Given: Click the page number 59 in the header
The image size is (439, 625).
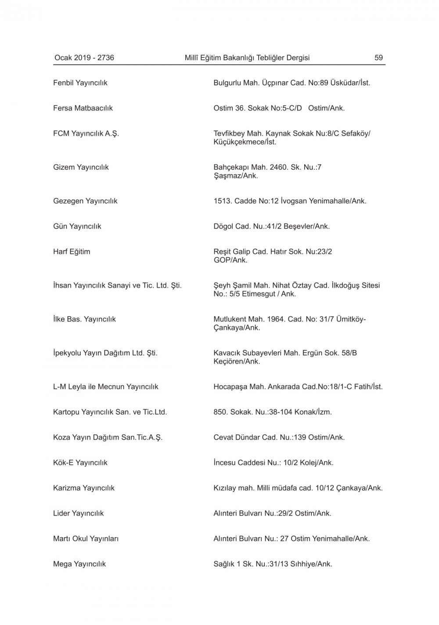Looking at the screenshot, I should point(378,57).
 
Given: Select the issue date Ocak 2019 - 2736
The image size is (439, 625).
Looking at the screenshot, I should point(84,57).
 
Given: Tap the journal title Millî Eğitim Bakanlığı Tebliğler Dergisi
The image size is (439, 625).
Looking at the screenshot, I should point(247,57).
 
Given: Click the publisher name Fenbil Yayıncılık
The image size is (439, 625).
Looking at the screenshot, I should point(80,83).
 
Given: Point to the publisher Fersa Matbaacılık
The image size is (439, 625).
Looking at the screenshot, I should point(83,108).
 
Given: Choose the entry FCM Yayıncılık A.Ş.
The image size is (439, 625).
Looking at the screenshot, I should point(86,133).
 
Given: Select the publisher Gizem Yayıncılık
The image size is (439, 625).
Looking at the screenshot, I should point(81,167).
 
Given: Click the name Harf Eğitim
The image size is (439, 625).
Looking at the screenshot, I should point(72,251).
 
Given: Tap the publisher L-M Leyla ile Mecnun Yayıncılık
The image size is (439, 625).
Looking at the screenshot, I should point(106,387).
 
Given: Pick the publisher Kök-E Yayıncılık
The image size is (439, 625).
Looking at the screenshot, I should point(80,463).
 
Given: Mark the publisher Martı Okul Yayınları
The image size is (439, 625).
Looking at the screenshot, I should point(86,539).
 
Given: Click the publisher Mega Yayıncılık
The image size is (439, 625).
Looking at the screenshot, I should point(79,564).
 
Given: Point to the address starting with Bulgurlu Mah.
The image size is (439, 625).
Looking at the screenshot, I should point(291,83).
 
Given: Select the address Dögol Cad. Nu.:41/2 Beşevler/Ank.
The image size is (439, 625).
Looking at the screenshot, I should point(271,226).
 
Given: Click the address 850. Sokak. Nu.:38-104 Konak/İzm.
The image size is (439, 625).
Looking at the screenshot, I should point(273,412).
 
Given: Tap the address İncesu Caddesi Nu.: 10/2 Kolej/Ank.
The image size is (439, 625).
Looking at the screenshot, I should point(273,463).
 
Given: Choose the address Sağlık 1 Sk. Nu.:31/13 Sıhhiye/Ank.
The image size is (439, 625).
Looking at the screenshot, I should point(273,564).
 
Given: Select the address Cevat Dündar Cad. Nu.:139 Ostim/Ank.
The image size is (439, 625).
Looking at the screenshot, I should point(279,437).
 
